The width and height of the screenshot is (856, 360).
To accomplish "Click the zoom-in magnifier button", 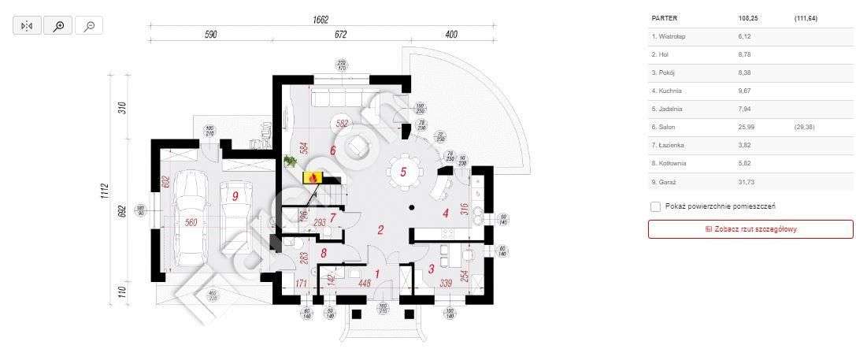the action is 58,26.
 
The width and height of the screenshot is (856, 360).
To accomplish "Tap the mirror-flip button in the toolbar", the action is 27,26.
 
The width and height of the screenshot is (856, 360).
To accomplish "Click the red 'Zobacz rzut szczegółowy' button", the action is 750,229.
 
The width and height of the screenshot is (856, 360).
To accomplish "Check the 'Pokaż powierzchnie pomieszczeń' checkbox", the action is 656,206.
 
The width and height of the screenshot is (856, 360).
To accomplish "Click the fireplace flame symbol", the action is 313,179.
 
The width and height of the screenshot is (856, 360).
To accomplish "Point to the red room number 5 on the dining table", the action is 403,172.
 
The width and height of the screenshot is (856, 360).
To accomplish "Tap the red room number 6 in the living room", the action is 332,150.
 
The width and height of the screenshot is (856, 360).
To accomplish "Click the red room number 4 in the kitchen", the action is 445,213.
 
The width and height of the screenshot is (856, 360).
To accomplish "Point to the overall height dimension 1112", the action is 103,190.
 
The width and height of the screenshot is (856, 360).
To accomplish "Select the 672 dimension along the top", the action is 340,35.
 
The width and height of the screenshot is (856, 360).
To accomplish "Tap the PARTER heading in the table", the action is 665,17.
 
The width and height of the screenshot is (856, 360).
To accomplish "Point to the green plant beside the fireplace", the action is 290,161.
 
